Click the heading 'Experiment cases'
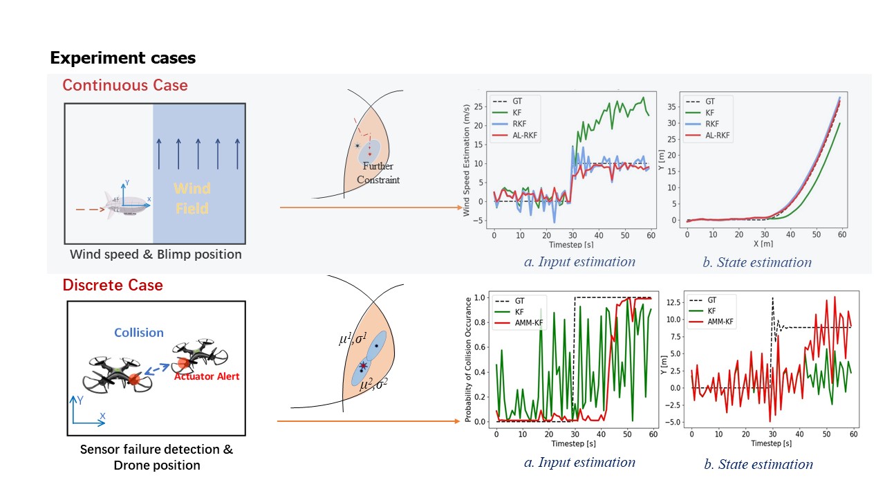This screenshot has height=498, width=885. point(123,58)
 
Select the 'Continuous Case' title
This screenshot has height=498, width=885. point(125,86)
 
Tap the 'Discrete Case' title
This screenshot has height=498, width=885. point(113,285)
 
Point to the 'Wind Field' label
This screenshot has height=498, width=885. point(192,198)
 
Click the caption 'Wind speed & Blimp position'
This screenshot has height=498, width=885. point(156,255)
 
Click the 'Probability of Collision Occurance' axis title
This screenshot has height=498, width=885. point(469,359)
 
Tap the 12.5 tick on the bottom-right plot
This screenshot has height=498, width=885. point(672,302)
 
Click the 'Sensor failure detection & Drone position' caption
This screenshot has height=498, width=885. point(157,457)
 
